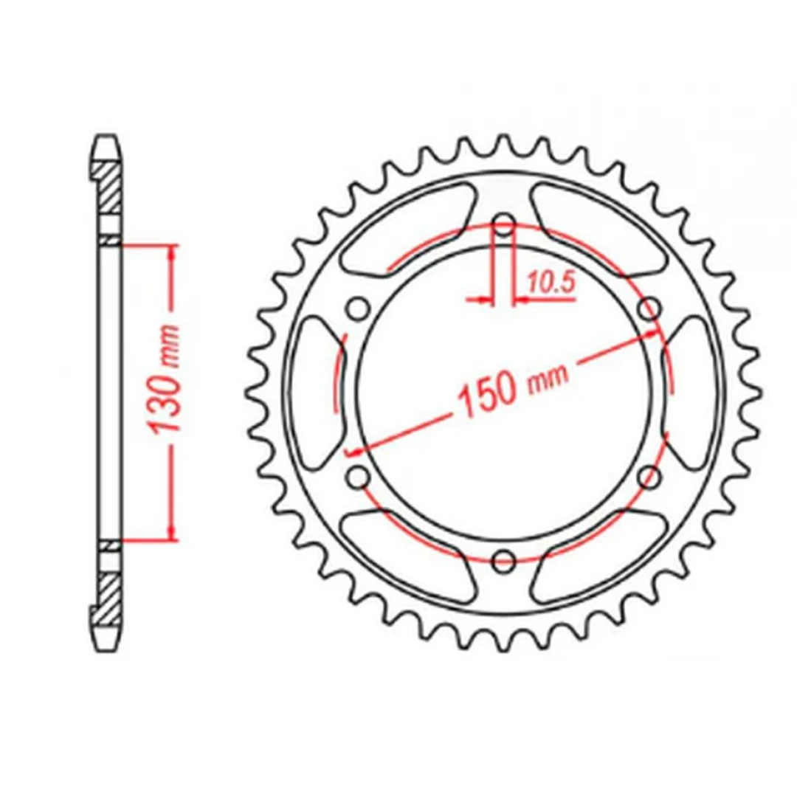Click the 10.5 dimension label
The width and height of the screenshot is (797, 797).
click(551, 283)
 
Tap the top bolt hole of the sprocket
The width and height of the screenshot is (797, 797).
click(504, 224)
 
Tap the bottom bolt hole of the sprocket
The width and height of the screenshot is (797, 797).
click(504, 560)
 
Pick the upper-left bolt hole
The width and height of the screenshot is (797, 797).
click(359, 308)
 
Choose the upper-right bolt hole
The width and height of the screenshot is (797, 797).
click(649, 308)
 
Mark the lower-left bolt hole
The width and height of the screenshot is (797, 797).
click(359, 476)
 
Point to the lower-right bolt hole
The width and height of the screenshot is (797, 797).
click(649, 476)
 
